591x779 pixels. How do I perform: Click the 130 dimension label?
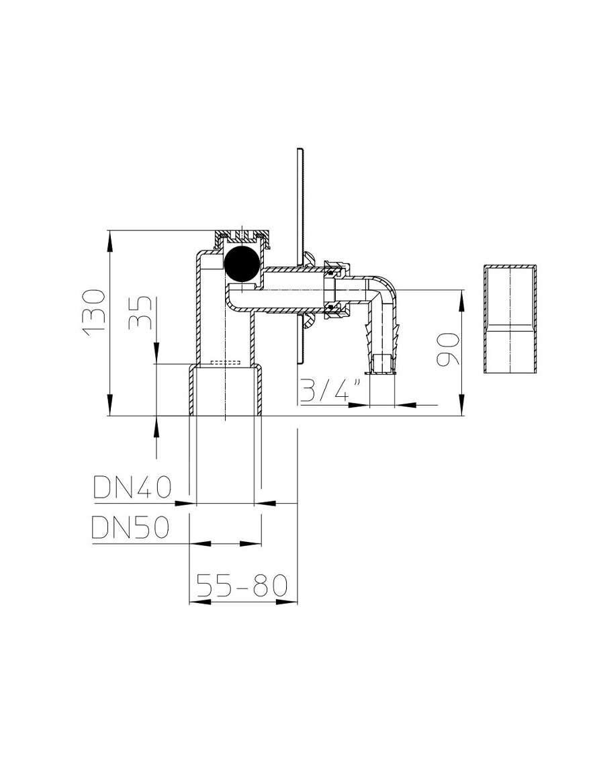pos(94,312)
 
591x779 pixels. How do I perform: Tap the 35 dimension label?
pos(140,313)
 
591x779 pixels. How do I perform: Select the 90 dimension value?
pos(447,349)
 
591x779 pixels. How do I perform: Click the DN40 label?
pos(132,488)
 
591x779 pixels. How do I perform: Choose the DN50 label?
pos(130,527)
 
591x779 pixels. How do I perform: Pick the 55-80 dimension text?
pos(242,585)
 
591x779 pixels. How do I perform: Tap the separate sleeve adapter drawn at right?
pos(510,319)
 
